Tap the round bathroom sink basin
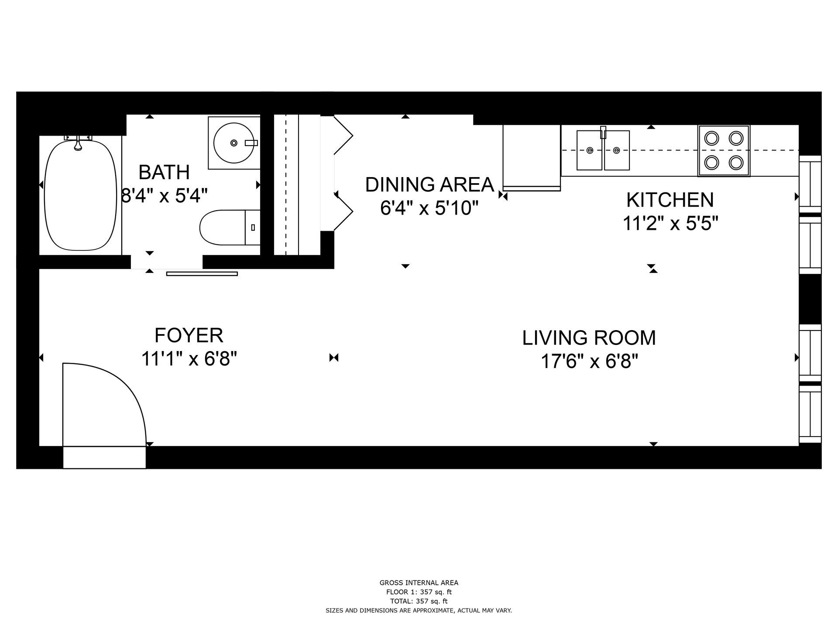click(234, 143)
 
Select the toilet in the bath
click(230, 227)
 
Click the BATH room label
click(164, 172)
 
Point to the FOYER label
click(189, 335)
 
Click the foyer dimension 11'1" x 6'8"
click(189, 359)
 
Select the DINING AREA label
click(429, 184)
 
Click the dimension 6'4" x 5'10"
click(426, 208)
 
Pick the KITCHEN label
click(670, 200)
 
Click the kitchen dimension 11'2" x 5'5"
click(670, 224)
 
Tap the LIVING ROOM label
click(589, 338)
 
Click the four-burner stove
click(724, 150)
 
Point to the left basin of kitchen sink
click(590, 150)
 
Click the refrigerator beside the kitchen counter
click(532, 157)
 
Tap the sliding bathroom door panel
click(202, 274)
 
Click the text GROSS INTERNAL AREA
click(419, 583)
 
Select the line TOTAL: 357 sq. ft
click(419, 601)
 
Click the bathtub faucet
click(78, 142)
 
